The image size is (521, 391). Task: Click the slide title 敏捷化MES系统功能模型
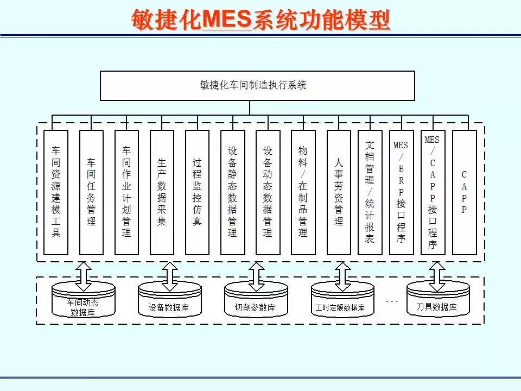(260, 20)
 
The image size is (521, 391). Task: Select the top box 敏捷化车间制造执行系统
(257, 86)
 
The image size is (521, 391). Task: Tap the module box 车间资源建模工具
(56, 192)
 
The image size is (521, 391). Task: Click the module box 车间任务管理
(91, 192)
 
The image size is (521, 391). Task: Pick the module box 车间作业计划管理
(126, 192)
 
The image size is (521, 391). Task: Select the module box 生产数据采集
(162, 192)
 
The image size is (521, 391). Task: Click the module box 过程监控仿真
(197, 192)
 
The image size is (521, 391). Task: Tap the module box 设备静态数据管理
(232, 192)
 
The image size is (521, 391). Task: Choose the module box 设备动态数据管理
(268, 192)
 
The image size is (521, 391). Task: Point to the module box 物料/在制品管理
(303, 192)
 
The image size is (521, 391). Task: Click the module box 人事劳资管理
(339, 192)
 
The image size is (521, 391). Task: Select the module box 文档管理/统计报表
(370, 192)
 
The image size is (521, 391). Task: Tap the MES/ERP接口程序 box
(401, 192)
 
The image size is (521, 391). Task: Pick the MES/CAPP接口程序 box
(433, 192)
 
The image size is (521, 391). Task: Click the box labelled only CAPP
(464, 192)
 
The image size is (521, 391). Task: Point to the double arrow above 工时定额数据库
(342, 276)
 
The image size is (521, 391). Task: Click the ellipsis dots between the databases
(392, 300)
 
